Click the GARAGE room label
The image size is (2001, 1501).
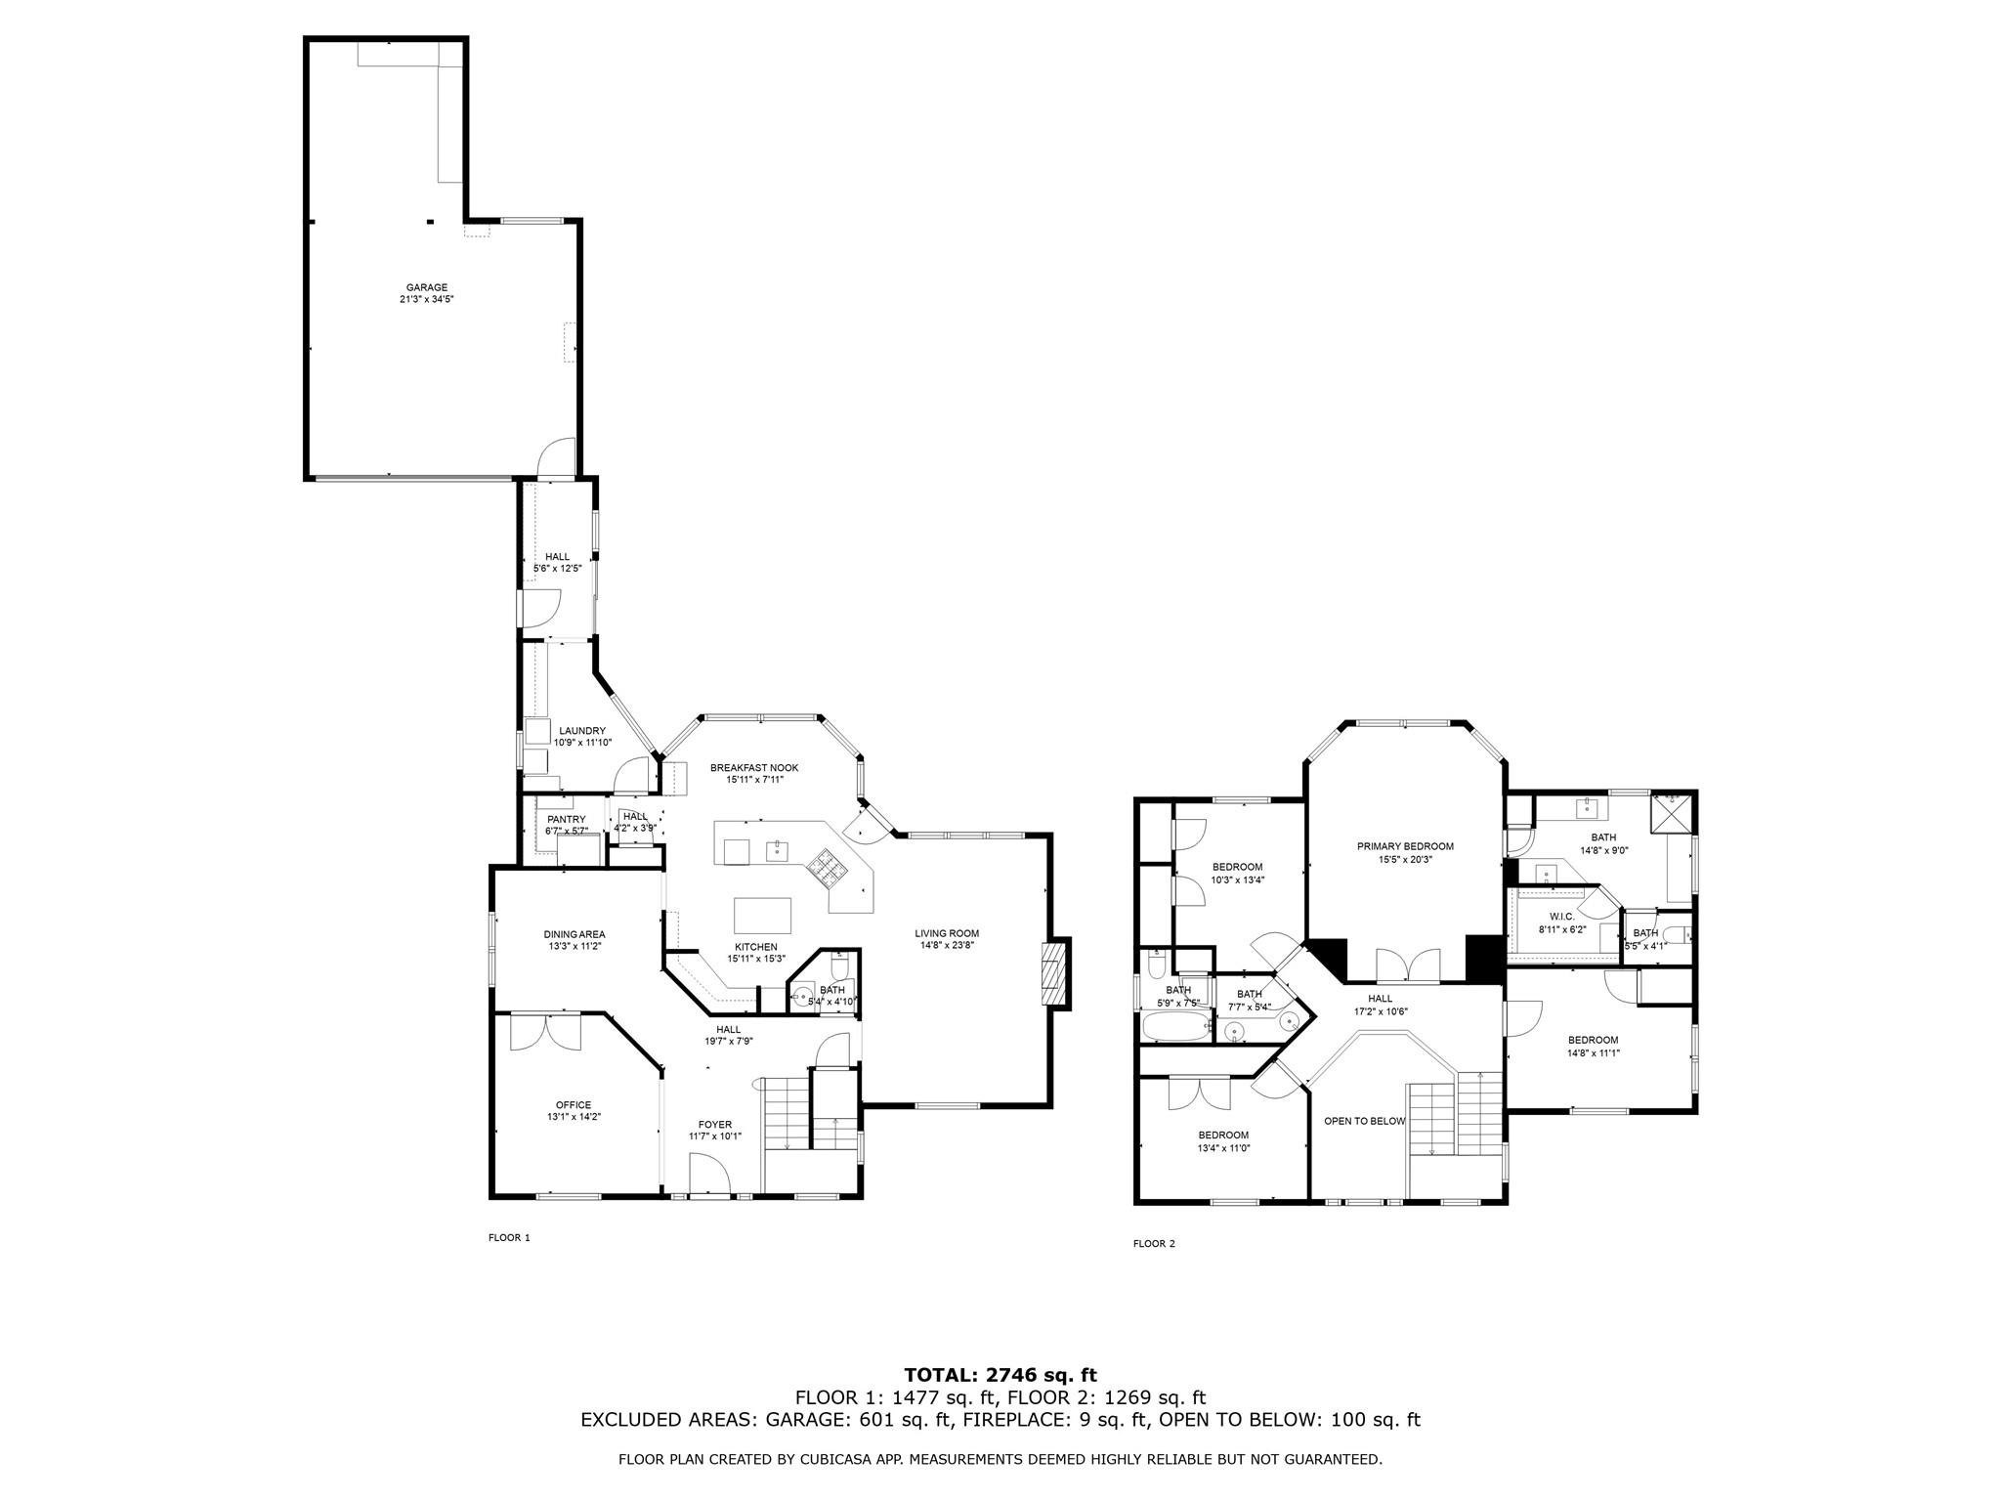(427, 287)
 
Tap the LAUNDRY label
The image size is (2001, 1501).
(582, 731)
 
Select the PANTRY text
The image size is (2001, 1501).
(567, 820)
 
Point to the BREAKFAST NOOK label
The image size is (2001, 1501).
(754, 768)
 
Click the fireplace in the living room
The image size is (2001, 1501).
(1055, 972)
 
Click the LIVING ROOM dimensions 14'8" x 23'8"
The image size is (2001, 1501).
(947, 945)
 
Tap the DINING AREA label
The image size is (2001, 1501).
(575, 934)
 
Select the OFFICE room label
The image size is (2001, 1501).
(574, 1105)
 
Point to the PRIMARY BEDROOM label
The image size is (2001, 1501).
(1405, 846)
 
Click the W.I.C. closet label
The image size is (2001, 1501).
(1562, 917)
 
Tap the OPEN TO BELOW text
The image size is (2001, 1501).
(1364, 1121)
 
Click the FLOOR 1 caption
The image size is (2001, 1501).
(509, 1237)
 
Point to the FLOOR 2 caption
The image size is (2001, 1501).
(1154, 1244)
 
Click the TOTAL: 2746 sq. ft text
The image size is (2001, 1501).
(1000, 1376)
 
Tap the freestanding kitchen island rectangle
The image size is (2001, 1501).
(763, 916)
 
